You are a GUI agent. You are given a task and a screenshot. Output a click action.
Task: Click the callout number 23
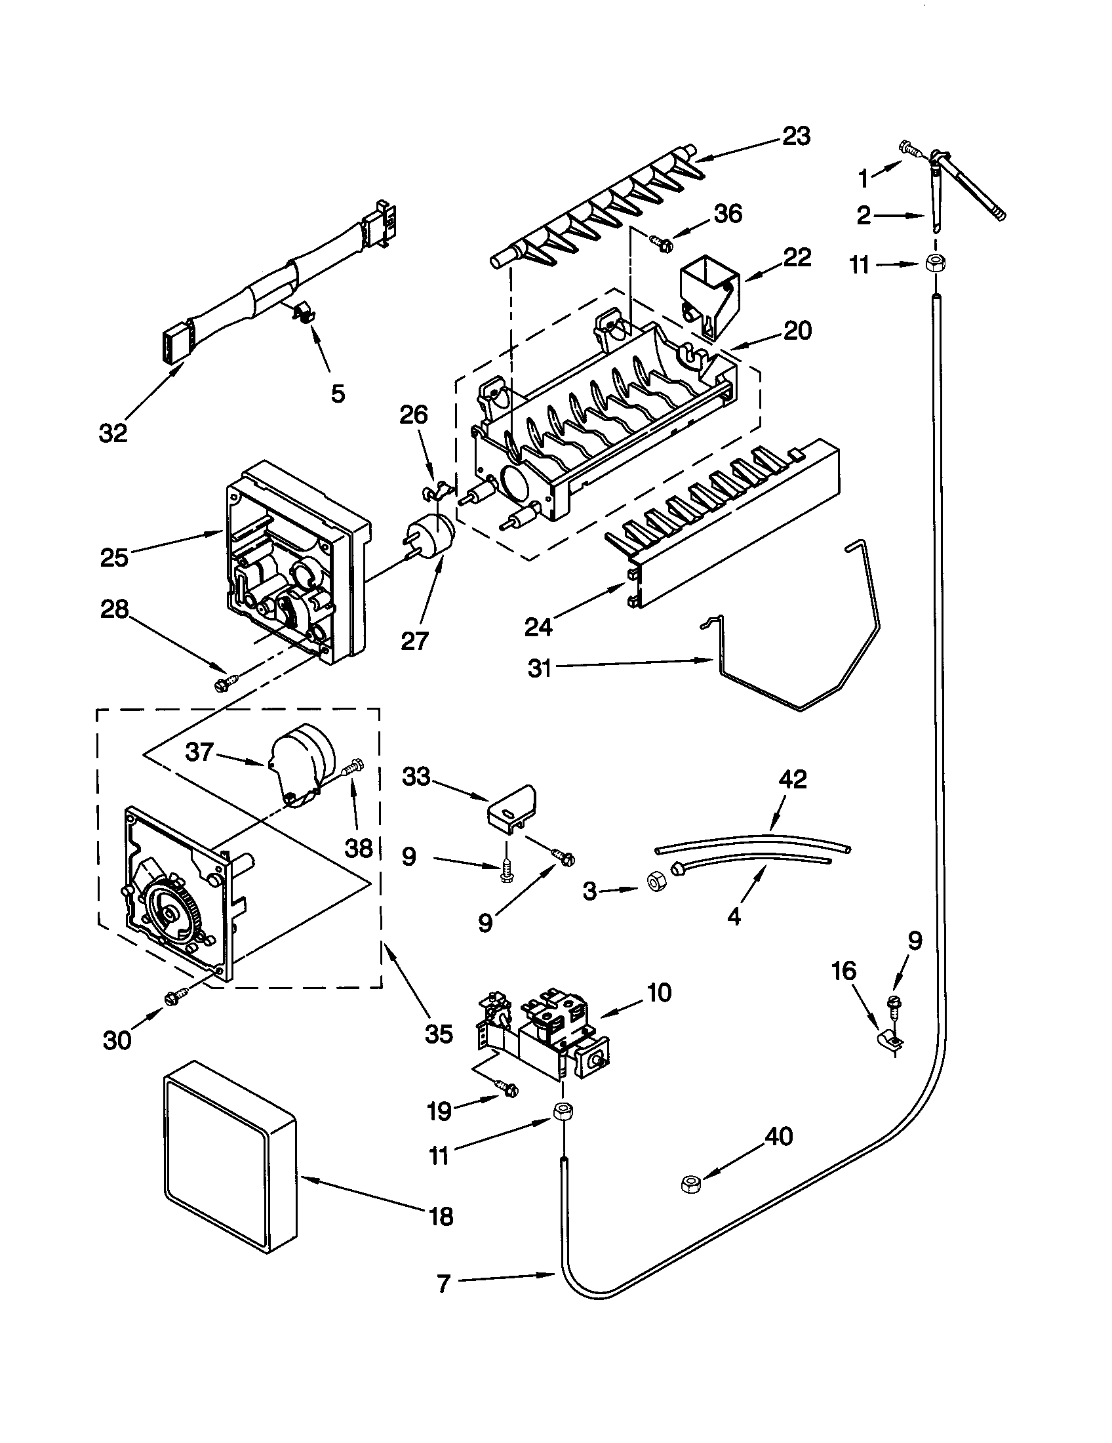pos(796,136)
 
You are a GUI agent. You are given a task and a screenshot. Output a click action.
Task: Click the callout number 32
pos(113,434)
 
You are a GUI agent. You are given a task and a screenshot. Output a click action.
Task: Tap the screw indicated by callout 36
pos(662,243)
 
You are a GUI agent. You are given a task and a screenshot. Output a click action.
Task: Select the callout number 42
pos(793,780)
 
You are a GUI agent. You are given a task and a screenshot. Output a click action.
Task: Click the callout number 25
pos(114,557)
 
